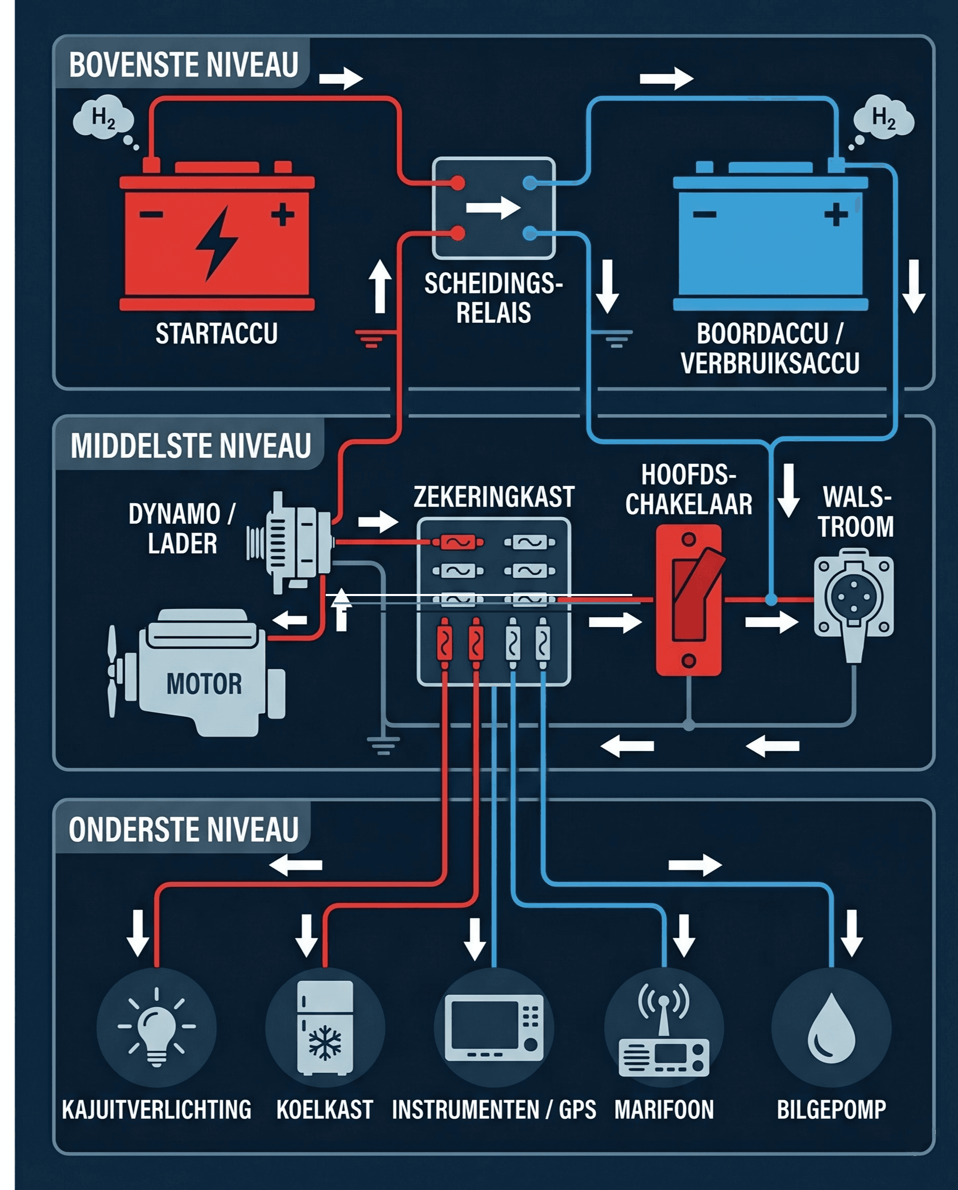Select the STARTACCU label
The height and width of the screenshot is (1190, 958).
coord(216,334)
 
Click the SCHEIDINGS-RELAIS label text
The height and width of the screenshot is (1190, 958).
coord(493,298)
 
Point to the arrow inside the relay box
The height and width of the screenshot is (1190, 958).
coord(493,208)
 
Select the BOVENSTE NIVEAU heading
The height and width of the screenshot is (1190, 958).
coord(183,65)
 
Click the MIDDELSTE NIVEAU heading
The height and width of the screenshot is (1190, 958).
coord(190,446)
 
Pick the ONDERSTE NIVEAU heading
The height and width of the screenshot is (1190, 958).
coord(183,830)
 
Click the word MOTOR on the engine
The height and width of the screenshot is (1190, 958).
coord(204,684)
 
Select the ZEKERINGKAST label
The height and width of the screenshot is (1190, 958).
coord(494,497)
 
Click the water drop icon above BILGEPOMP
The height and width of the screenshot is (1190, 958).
coord(831,1028)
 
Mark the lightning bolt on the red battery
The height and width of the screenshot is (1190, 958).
coord(217,243)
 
